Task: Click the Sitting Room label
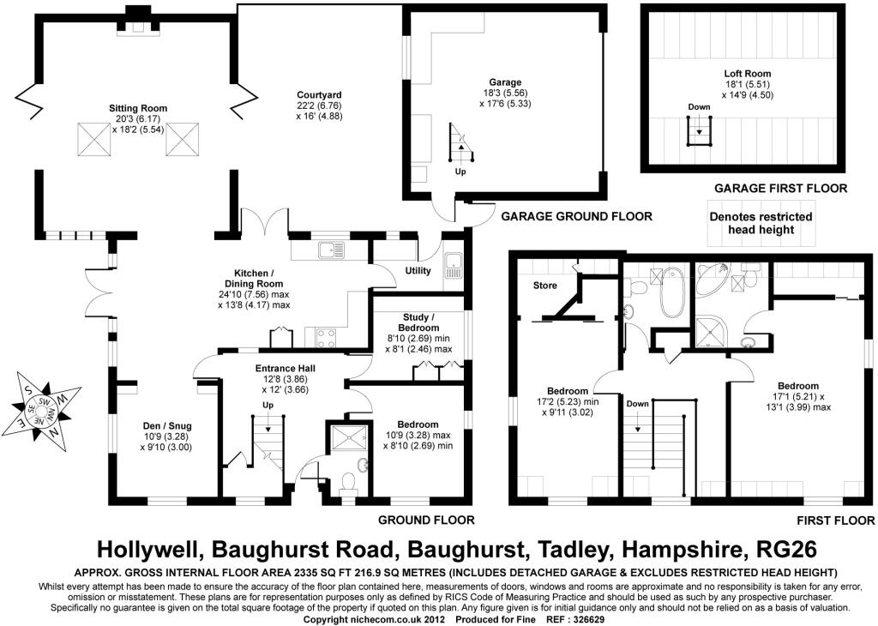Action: click(138, 108)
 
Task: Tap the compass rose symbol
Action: click(41, 411)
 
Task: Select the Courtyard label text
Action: click(319, 95)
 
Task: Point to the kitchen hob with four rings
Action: click(327, 338)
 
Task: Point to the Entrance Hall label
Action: click(285, 369)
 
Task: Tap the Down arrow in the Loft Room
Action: click(699, 132)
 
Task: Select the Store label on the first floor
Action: click(544, 286)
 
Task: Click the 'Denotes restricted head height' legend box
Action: click(761, 223)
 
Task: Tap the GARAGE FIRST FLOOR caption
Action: click(780, 188)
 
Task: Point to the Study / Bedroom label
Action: click(418, 322)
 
